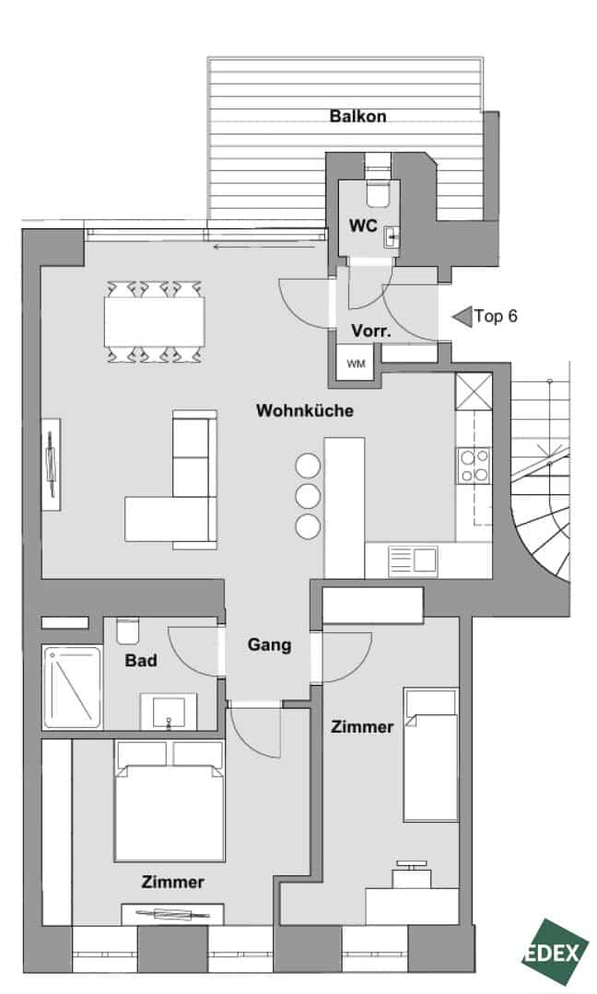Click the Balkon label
(357, 117)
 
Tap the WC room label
(363, 225)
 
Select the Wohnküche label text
(305, 410)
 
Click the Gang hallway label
(269, 645)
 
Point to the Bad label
(141, 661)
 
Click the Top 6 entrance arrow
(462, 317)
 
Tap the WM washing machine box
(356, 364)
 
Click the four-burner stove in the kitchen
(474, 466)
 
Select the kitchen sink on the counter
(412, 561)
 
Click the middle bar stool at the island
(308, 496)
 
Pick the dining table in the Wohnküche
(154, 321)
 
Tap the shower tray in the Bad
(73, 688)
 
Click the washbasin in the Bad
(169, 711)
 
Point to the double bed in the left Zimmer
(170, 800)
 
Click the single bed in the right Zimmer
(431, 755)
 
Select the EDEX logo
(555, 952)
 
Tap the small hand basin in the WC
(391, 237)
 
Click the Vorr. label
(371, 331)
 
